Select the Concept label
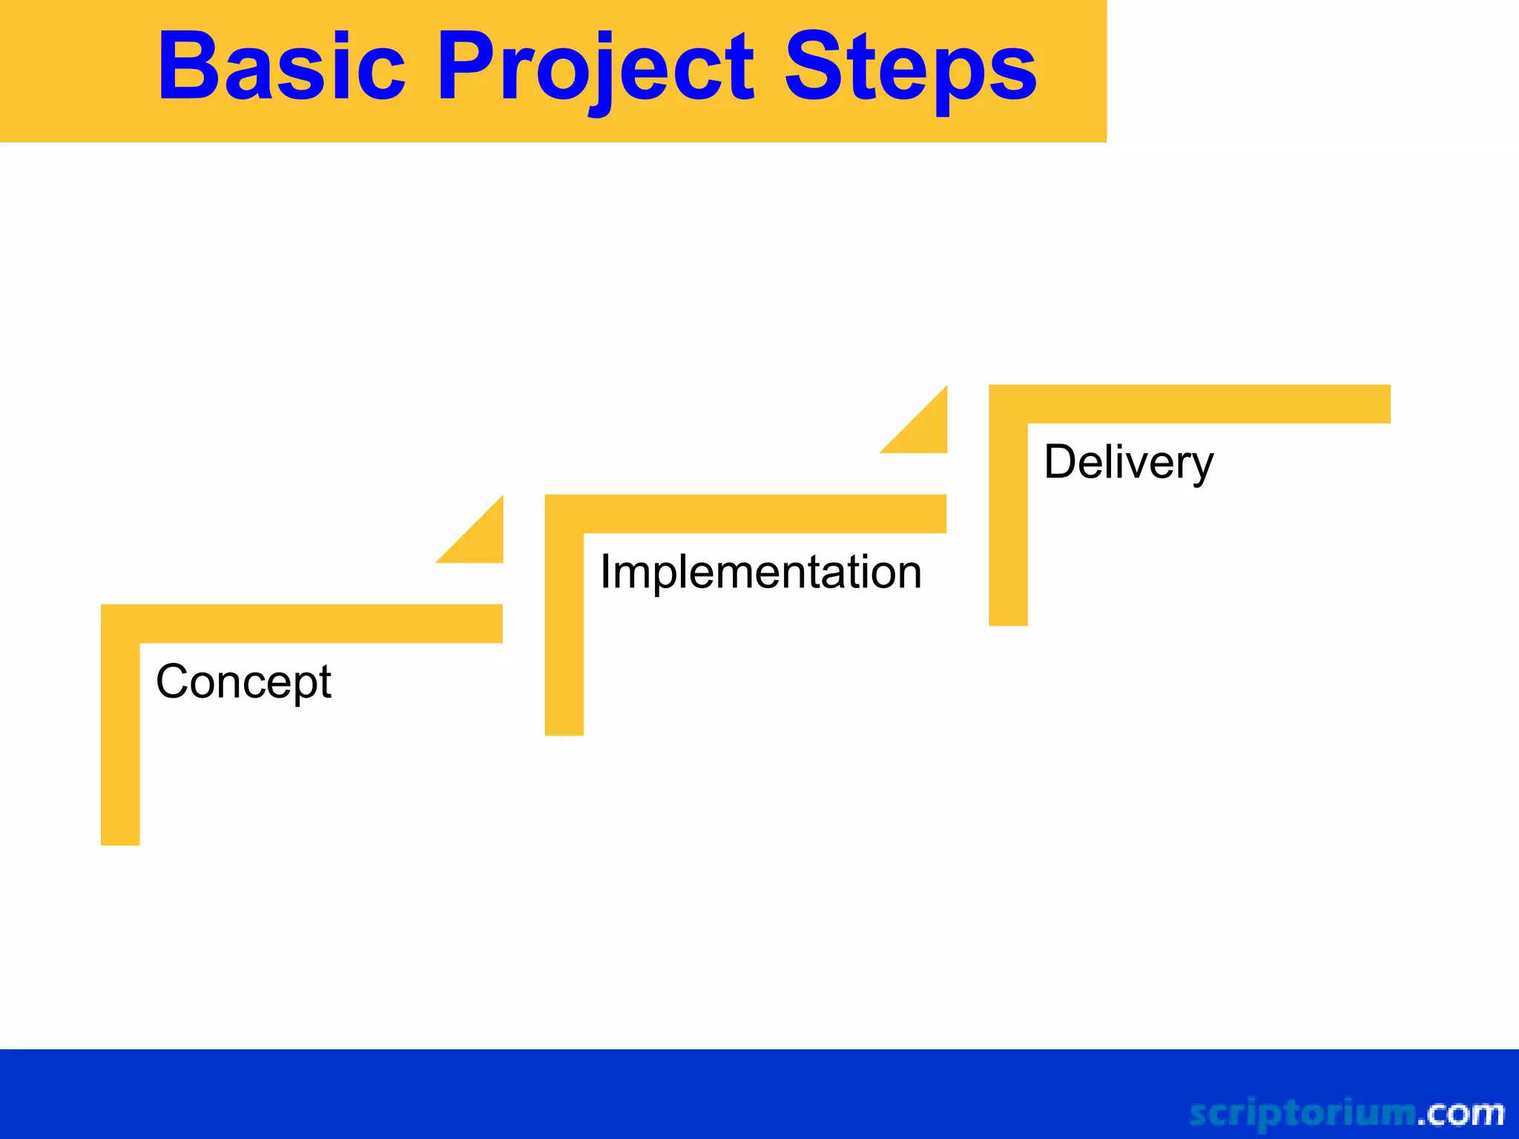pyautogui.click(x=243, y=682)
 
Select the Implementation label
pyautogui.click(x=761, y=572)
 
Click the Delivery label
pyautogui.click(x=1128, y=462)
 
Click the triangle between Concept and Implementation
pyautogui.click(x=481, y=540)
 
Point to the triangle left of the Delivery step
pyautogui.click(x=925, y=430)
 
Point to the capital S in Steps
pyautogui.click(x=811, y=67)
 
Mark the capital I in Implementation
pyautogui.click(x=605, y=572)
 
